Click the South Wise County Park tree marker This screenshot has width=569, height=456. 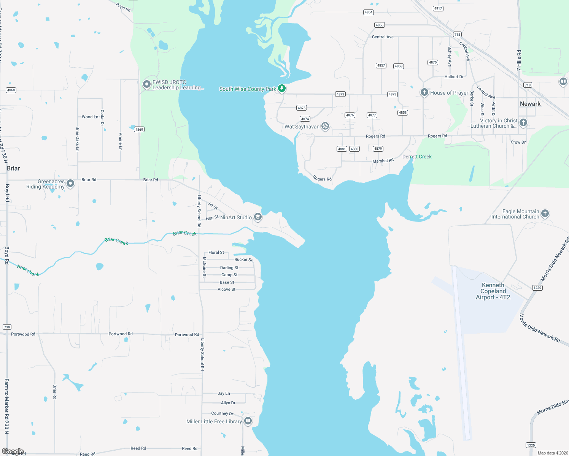[281, 89]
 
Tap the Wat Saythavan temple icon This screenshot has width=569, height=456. [325, 126]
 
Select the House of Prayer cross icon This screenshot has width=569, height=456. [424, 92]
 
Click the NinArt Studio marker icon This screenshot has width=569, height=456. [258, 217]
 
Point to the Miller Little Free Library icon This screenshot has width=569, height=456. [248, 421]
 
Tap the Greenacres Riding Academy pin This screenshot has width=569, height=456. [70, 184]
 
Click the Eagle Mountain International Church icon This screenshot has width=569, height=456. [545, 214]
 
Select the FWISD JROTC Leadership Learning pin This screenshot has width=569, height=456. [147, 84]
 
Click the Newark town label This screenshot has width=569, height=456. [530, 104]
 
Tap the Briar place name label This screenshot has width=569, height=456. [13, 168]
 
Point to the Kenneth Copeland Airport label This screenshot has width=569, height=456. [493, 291]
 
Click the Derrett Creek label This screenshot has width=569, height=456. [417, 157]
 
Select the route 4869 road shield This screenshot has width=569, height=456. [139, 130]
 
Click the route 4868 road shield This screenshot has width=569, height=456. [11, 90]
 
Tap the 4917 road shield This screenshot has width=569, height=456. [438, 8]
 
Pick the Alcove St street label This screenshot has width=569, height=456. [226, 290]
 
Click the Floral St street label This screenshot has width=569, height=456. [216, 252]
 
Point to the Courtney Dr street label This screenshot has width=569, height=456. [222, 413]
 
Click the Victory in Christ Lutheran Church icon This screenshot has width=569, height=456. [523, 122]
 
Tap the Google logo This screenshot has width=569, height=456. [13, 451]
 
